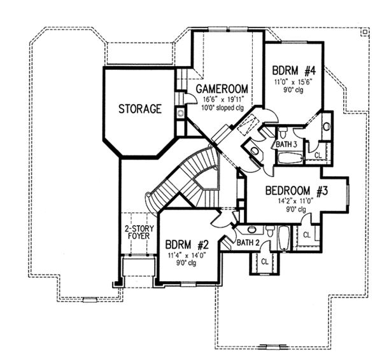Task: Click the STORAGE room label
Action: pyautogui.click(x=140, y=109)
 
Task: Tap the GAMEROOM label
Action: pyautogui.click(x=222, y=89)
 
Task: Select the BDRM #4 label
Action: pyautogui.click(x=294, y=71)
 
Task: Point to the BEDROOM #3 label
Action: pyautogui.click(x=297, y=191)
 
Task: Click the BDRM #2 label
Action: pyautogui.click(x=187, y=245)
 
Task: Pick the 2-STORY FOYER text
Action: pyautogui.click(x=139, y=232)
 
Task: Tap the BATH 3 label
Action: pyautogui.click(x=286, y=144)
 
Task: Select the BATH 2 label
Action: pyautogui.click(x=248, y=242)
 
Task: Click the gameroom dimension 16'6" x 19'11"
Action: pyautogui.click(x=223, y=100)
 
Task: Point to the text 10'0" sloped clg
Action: pyautogui.click(x=222, y=107)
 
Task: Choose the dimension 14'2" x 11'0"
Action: pyautogui.click(x=295, y=201)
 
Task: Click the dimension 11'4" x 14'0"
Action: pyautogui.click(x=187, y=255)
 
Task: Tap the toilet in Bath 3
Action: pyautogui.click(x=283, y=133)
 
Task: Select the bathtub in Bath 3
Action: pyautogui.click(x=290, y=158)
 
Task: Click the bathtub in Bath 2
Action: pyautogui.click(x=283, y=238)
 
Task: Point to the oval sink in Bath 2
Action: pyautogui.click(x=251, y=229)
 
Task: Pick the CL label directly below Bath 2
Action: pyautogui.click(x=265, y=262)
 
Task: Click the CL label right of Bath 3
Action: pyautogui.click(x=318, y=155)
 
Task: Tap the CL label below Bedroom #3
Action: pyautogui.click(x=307, y=235)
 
